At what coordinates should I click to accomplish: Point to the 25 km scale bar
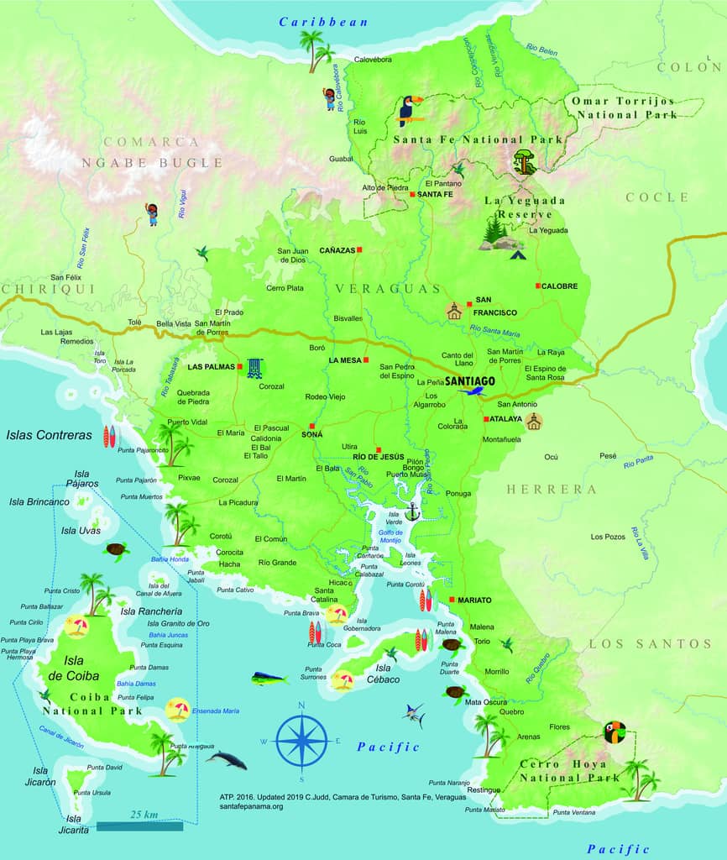pos(139,826)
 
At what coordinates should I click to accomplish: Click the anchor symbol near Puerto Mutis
pos(411,511)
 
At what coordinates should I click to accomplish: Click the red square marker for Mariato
pos(452,600)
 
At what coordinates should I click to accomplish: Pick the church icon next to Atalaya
pos(534,422)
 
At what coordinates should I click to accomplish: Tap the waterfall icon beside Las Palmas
pos(254,368)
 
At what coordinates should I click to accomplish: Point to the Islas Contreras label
pos(48,435)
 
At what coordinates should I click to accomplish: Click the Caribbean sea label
pos(324,22)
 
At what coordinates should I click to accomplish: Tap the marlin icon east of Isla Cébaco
pos(414,715)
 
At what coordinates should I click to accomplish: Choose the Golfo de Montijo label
pos(391,537)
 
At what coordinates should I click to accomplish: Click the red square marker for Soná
pos(311,426)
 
